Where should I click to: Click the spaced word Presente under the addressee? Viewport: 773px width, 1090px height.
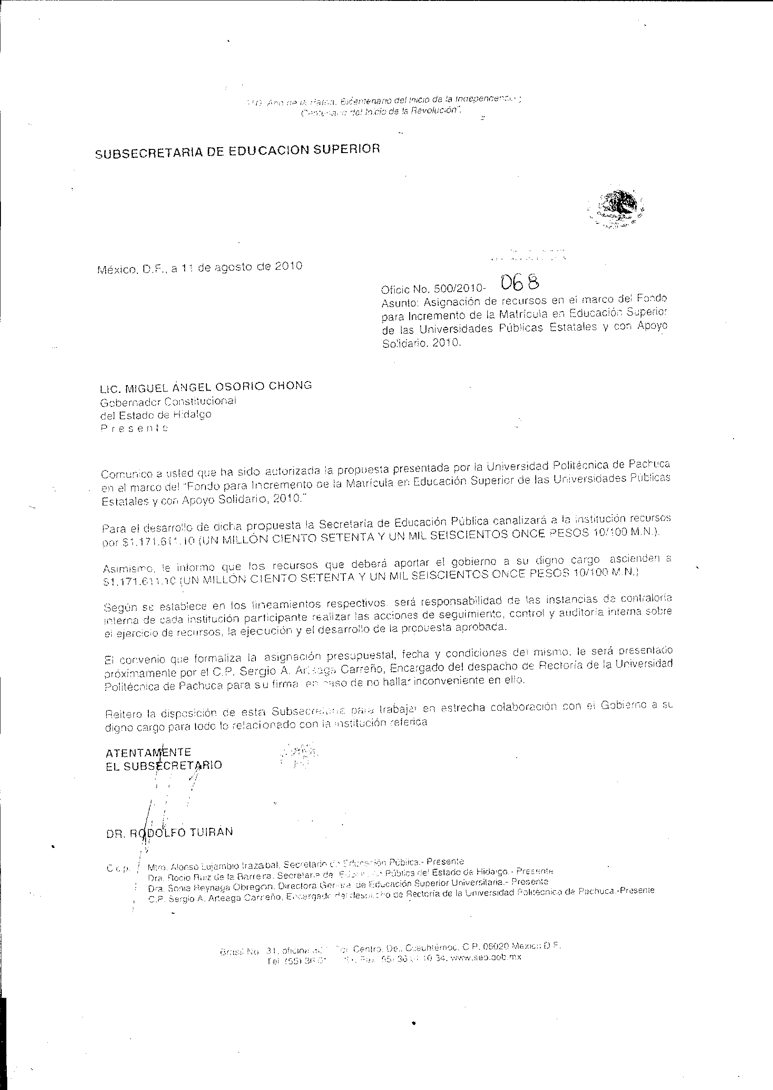(134, 428)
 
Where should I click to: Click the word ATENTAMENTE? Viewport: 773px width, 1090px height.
(148, 752)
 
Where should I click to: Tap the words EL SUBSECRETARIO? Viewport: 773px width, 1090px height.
(164, 766)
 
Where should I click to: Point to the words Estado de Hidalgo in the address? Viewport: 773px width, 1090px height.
(162, 414)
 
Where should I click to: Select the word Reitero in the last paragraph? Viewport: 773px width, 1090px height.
(123, 713)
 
